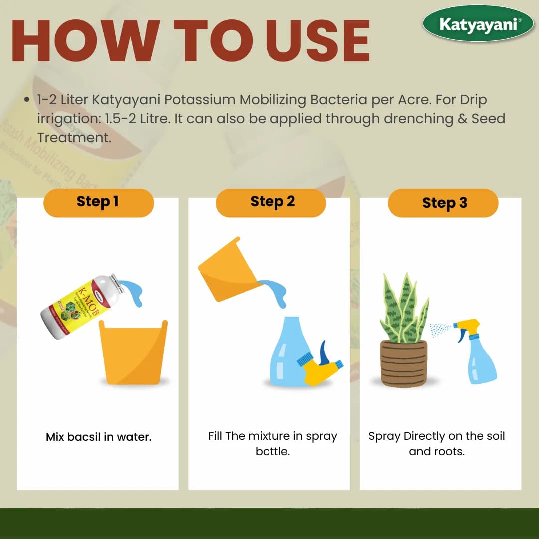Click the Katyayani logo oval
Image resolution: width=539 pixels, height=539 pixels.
(x=478, y=23)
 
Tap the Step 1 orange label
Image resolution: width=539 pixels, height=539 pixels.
(x=98, y=202)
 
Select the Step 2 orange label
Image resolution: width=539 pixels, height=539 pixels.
(x=271, y=202)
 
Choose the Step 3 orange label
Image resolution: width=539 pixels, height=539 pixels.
(x=443, y=203)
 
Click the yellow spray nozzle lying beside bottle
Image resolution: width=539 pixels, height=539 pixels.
(x=319, y=367)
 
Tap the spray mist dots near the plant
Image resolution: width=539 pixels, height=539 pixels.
(x=439, y=329)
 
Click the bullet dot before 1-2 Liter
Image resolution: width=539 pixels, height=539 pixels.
(x=27, y=100)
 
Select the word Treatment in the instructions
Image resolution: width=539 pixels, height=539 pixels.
(x=73, y=137)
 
